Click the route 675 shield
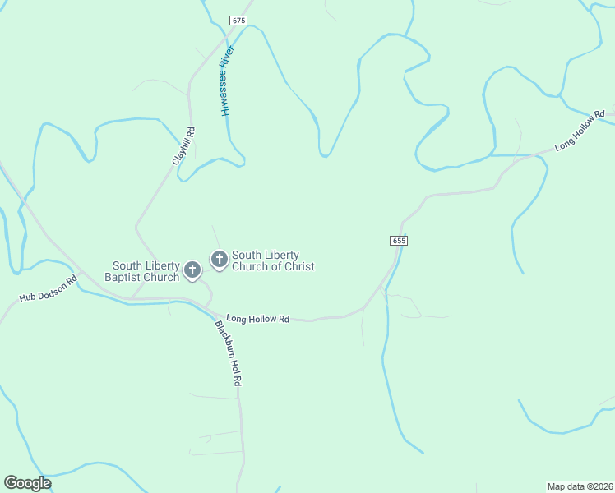click(x=238, y=20)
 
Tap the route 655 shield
click(x=399, y=241)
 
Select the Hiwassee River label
click(x=228, y=81)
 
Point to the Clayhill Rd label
click(x=183, y=145)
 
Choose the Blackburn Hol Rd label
click(x=229, y=352)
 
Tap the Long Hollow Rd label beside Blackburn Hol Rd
click(x=258, y=319)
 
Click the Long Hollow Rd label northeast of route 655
click(x=580, y=130)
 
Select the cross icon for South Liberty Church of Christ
click(x=220, y=259)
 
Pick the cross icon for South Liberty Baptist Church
click(x=192, y=270)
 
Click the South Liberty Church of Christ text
click(x=273, y=260)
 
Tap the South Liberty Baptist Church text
click(x=146, y=271)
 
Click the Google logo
click(x=27, y=483)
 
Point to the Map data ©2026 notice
click(x=580, y=486)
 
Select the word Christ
click(x=298, y=266)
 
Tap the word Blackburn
click(x=224, y=339)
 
